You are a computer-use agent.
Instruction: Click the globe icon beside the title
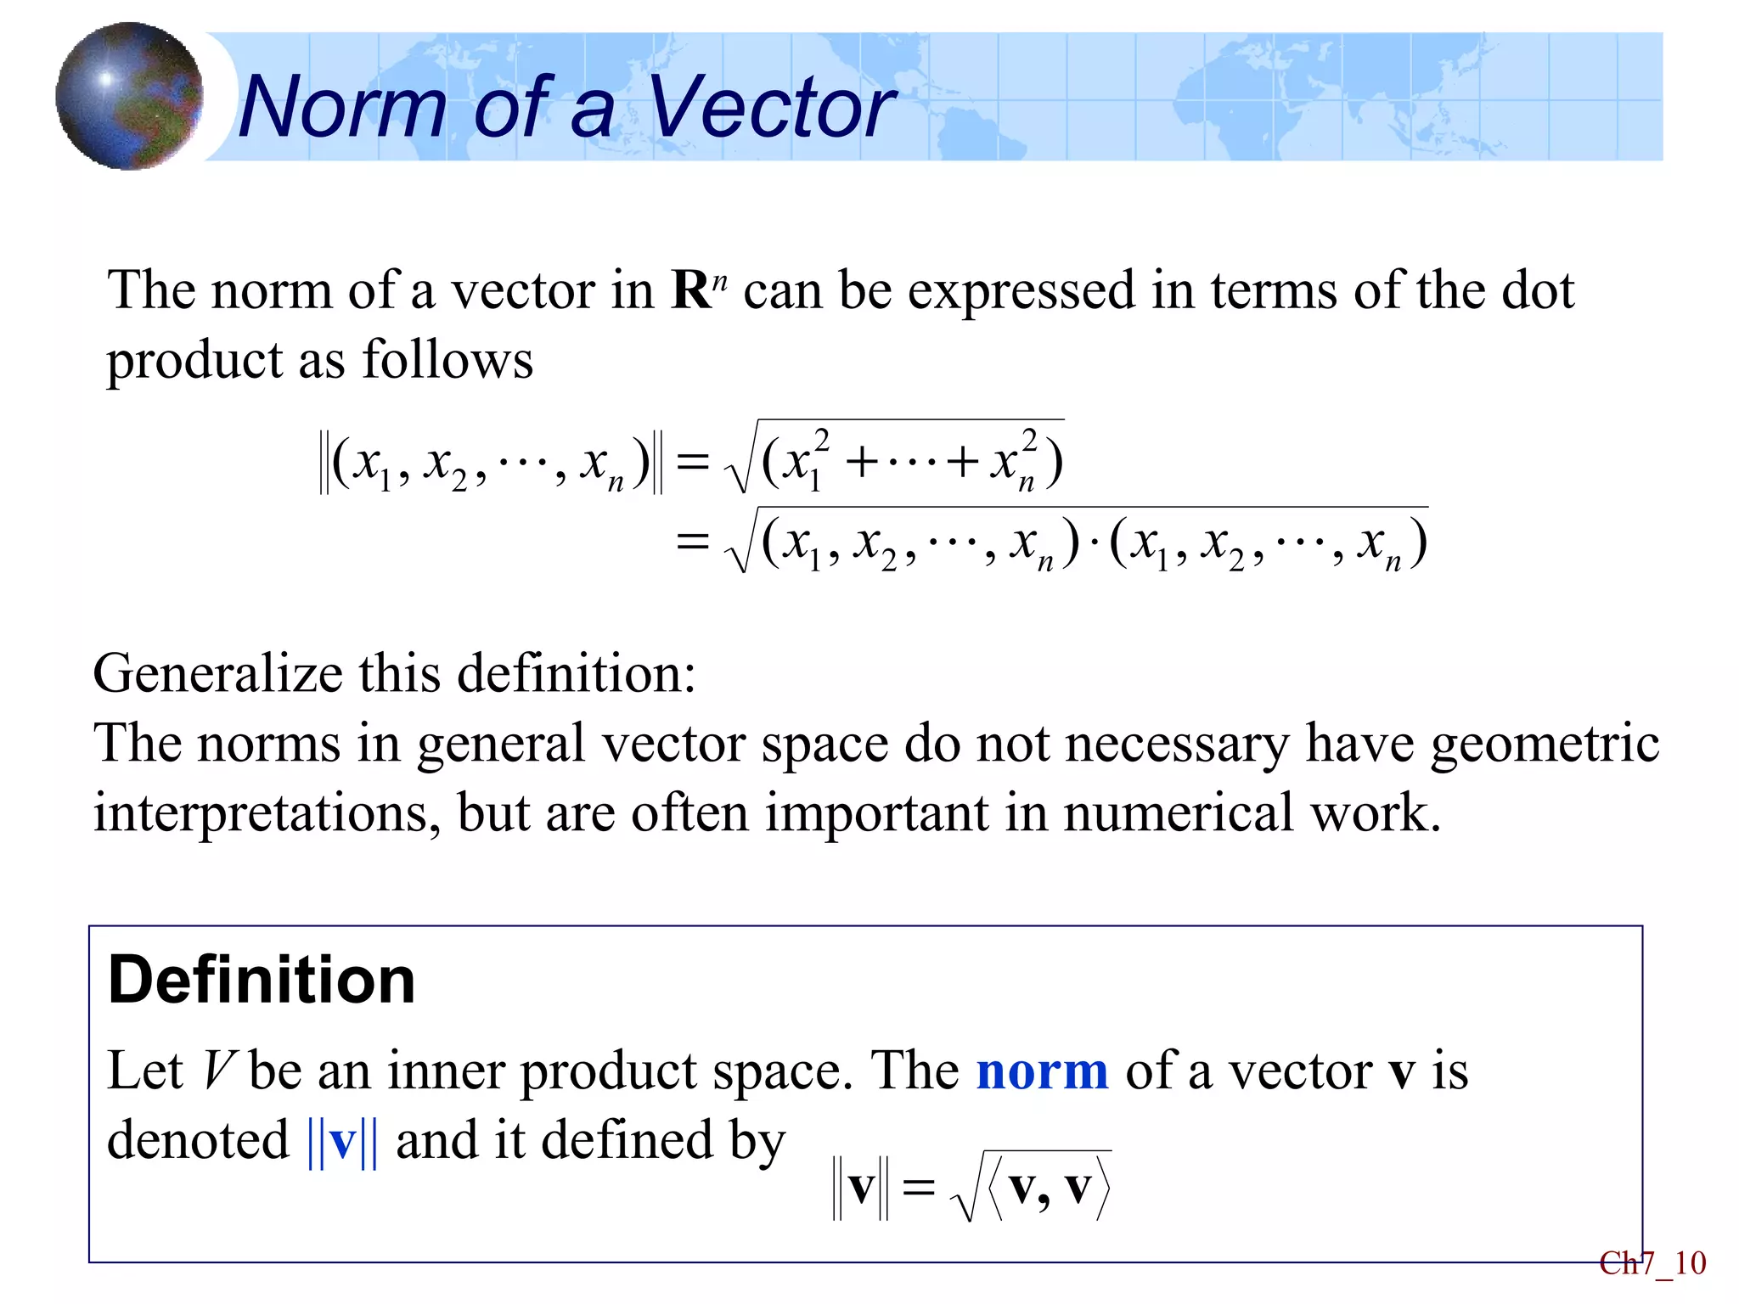click(129, 96)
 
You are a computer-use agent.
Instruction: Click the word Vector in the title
click(771, 106)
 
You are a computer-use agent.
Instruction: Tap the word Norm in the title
click(342, 106)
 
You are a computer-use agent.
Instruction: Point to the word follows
click(447, 359)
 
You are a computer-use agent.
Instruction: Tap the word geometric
click(1545, 744)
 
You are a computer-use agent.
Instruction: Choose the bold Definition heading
click(262, 980)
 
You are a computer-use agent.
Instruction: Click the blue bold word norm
click(1043, 1071)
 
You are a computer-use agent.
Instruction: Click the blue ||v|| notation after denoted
click(342, 1141)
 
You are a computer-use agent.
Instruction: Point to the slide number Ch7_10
click(1652, 1263)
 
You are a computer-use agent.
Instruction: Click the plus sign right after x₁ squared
click(862, 464)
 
